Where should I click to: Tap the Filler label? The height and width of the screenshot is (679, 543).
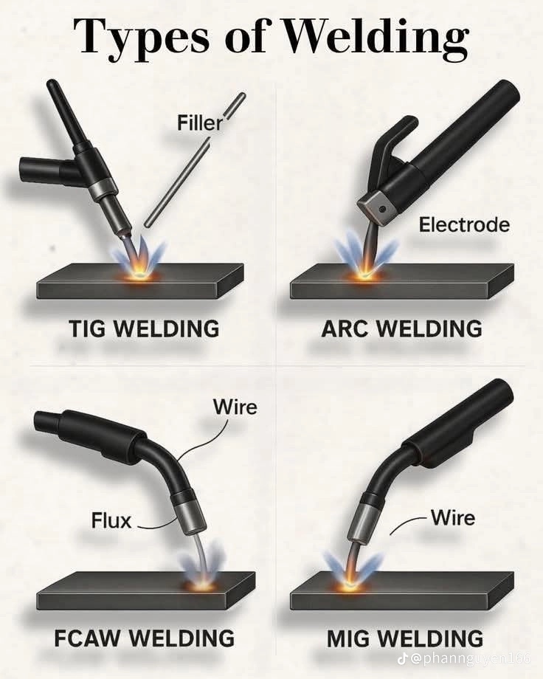coord(200,123)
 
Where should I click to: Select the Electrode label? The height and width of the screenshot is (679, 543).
coord(464,225)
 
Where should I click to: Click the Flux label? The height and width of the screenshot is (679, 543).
coord(111,520)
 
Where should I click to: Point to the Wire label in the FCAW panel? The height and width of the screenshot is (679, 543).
coord(235,407)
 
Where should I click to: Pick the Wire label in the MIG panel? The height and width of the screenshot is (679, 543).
coord(453,517)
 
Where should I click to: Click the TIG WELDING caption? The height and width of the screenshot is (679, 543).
coord(144,328)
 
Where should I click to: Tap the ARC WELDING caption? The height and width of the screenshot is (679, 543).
coord(402,329)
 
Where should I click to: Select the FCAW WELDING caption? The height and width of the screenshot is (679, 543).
coord(144,638)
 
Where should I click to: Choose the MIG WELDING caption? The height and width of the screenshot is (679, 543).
coord(405,638)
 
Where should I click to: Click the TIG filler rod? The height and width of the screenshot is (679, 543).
coord(195,160)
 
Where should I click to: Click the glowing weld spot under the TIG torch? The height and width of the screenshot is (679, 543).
coord(140,274)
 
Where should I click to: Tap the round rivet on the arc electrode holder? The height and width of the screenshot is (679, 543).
coord(382,209)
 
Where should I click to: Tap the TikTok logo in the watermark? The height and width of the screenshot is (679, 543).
coord(402,658)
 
